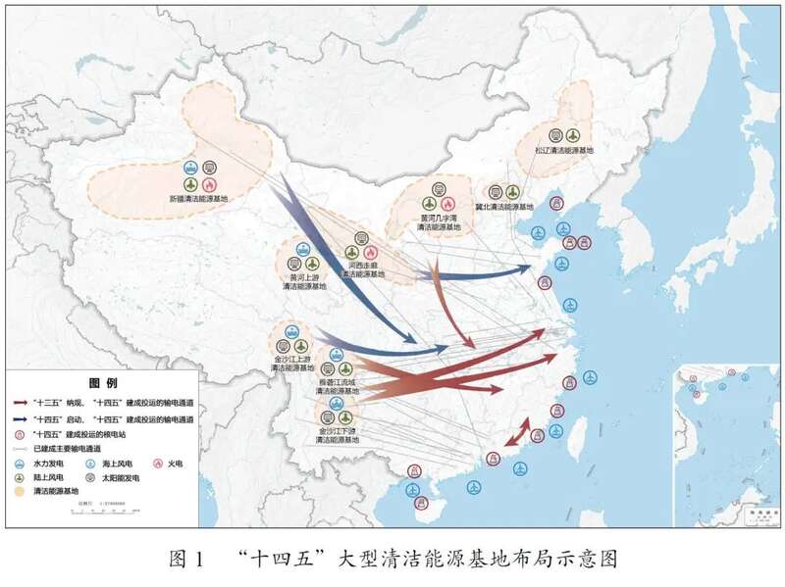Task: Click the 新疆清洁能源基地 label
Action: (197, 198)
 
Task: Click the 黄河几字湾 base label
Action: (434, 220)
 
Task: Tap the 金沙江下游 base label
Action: (338, 435)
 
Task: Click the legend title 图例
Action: (103, 382)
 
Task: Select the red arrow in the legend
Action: (20, 402)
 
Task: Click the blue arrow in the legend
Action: (20, 417)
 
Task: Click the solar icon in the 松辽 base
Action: (556, 134)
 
